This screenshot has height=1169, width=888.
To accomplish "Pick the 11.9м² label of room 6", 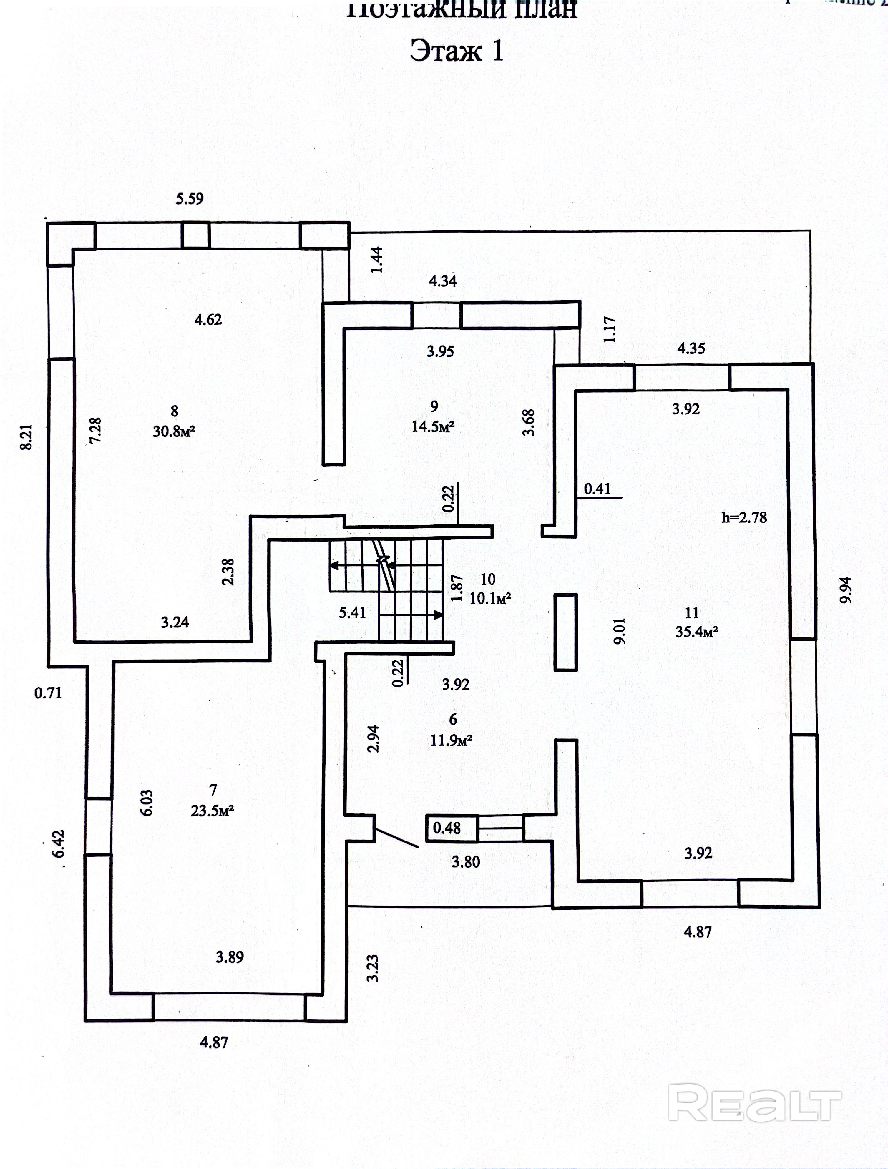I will (x=451, y=740).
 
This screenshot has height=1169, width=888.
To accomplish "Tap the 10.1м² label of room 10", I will (x=490, y=599).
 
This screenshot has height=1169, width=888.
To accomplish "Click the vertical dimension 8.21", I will (x=26, y=436).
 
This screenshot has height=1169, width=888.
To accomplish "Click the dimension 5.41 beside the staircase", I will (x=352, y=613).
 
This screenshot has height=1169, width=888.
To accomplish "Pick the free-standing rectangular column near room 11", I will (x=565, y=632).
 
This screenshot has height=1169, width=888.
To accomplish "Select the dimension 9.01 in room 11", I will (x=620, y=630).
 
